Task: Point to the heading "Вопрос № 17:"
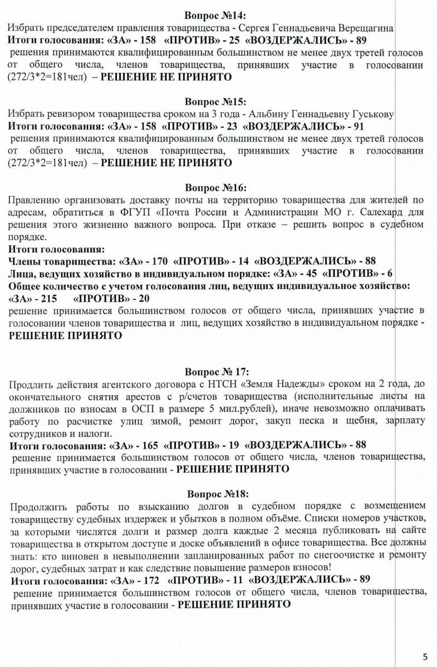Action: pos(218,371)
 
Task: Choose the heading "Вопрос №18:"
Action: pos(218,493)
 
